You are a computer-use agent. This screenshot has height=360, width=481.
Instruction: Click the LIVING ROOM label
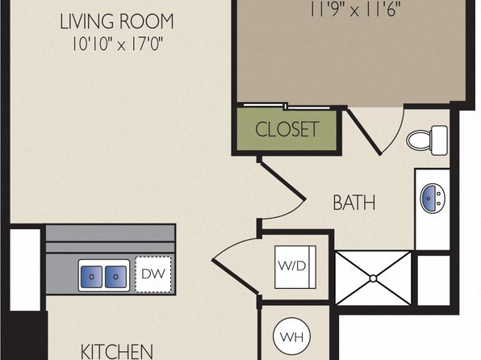pyautogui.click(x=116, y=22)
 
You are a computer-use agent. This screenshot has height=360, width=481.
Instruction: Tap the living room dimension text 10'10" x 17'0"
pyautogui.click(x=116, y=44)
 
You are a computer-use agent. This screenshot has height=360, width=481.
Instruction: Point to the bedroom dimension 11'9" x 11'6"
pyautogui.click(x=355, y=10)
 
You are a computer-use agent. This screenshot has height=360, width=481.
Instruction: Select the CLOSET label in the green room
pyautogui.click(x=287, y=129)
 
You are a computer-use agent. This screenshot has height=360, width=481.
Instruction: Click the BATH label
pyautogui.click(x=354, y=203)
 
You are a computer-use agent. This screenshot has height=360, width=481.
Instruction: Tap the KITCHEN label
pyautogui.click(x=116, y=351)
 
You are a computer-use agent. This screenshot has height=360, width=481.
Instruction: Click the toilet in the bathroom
pyautogui.click(x=427, y=140)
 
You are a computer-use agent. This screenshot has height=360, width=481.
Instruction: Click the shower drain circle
pyautogui.click(x=373, y=278)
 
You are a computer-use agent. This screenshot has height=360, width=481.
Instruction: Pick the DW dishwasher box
pyautogui.click(x=153, y=274)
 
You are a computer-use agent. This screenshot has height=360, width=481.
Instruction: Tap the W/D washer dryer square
pyautogui.click(x=295, y=266)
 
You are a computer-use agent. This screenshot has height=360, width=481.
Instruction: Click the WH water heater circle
pyautogui.click(x=291, y=337)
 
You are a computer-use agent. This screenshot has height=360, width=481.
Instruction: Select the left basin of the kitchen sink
pyautogui.click(x=91, y=277)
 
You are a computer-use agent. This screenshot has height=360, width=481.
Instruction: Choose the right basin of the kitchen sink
pyautogui.click(x=115, y=277)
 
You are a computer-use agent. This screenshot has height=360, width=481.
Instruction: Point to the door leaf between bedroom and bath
pyautogui.click(x=364, y=132)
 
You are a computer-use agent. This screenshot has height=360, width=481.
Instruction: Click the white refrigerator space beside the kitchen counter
pyautogui.click(x=25, y=270)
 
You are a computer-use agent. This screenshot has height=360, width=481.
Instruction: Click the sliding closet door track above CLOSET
pyautogui.click(x=285, y=107)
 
